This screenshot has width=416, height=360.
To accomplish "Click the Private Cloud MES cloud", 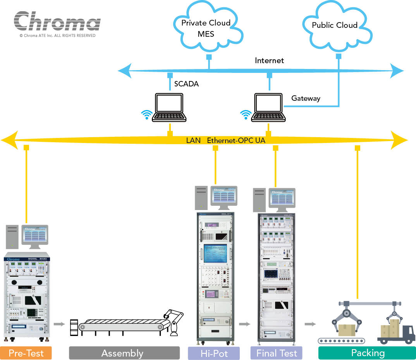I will point(206,28).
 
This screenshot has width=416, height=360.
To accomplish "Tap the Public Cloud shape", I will point(335,26).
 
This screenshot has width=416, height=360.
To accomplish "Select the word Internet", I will point(269,60).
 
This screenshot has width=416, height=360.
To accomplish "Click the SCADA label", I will point(186,84).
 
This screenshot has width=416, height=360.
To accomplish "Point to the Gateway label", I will point(306,98).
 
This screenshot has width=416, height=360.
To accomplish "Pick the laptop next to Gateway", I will point(268,107).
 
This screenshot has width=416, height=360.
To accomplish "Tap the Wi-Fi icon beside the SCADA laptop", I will point(146,114).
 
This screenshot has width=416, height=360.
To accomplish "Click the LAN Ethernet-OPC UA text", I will point(226,140).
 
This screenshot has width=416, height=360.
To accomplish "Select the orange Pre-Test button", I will point(26,353).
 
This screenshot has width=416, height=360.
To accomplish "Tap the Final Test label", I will point(276,353).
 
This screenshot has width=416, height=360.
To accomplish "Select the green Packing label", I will point(367,353).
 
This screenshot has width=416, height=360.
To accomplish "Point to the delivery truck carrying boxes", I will point(396,331).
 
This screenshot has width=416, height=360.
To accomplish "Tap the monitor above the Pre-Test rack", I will point(35,235).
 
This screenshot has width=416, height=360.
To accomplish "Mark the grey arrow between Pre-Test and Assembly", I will point(59,324).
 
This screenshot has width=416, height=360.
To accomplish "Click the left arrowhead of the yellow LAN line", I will point(10,140).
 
